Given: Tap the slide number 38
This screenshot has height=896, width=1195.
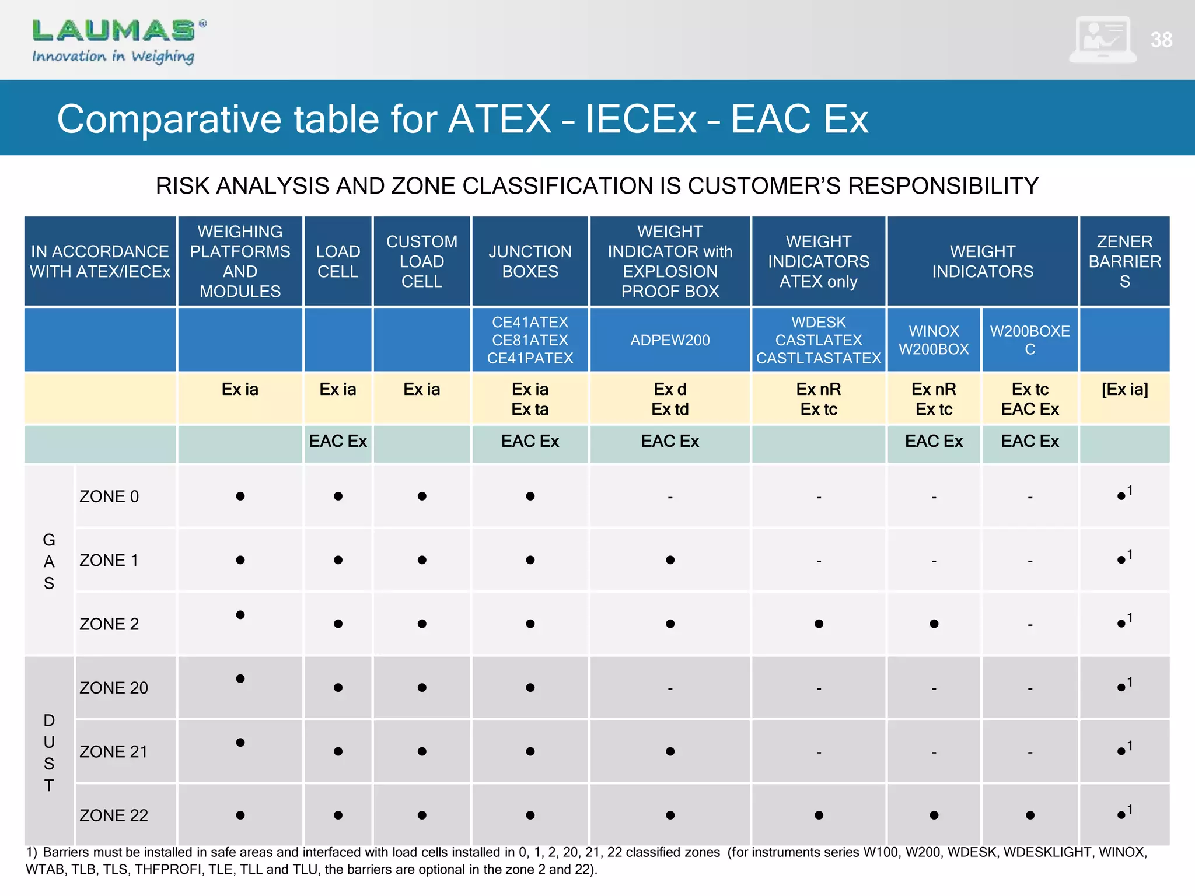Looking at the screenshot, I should pyautogui.click(x=1161, y=40).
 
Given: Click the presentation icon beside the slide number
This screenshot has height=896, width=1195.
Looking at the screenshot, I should pyautogui.click(x=1102, y=40).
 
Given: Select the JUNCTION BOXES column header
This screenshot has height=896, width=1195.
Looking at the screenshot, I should pyautogui.click(x=530, y=261).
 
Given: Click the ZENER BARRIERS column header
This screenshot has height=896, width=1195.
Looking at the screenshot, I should pyautogui.click(x=1124, y=261).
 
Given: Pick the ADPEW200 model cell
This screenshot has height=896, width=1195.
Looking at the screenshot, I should pyautogui.click(x=670, y=340).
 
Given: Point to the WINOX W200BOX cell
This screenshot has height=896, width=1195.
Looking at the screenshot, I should pyautogui.click(x=934, y=340).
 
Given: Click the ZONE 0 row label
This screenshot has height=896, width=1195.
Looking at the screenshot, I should pyautogui.click(x=109, y=496).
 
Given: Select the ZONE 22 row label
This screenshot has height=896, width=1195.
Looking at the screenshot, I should pyautogui.click(x=114, y=815).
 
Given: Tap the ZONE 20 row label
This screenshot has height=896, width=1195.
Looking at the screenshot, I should pyautogui.click(x=114, y=688).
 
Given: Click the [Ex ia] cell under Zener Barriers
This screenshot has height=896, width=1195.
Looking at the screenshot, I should pyautogui.click(x=1124, y=390).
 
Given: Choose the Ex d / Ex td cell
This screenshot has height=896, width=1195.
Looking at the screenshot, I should pyautogui.click(x=670, y=399).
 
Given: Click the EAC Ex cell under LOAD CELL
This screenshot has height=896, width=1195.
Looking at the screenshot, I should pyautogui.click(x=338, y=442).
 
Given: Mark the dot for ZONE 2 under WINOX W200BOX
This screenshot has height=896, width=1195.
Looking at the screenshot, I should pyautogui.click(x=934, y=624).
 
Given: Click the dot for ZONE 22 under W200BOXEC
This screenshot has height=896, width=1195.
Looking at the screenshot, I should pyautogui.click(x=1030, y=815).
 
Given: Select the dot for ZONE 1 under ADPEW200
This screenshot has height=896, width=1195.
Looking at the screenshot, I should pyautogui.click(x=670, y=560).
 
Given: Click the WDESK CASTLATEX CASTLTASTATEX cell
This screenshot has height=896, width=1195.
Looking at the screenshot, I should pyautogui.click(x=819, y=340).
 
